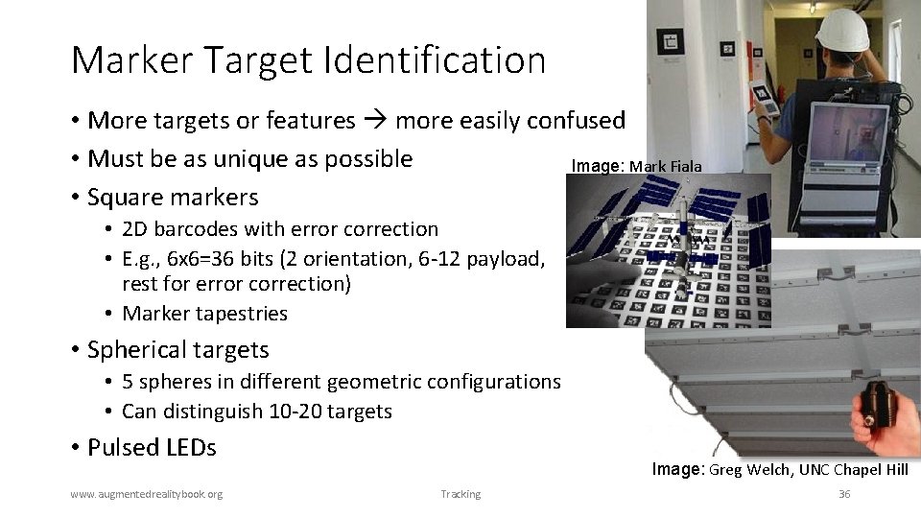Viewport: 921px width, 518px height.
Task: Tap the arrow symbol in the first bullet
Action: [x=375, y=121]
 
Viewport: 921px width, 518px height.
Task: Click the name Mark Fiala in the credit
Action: [x=665, y=167]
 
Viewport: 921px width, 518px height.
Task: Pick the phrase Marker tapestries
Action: [x=205, y=313]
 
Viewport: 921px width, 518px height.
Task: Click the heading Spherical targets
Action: [x=177, y=349]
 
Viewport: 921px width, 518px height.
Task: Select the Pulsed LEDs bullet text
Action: [x=152, y=447]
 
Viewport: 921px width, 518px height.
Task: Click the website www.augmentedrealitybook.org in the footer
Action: [x=147, y=494]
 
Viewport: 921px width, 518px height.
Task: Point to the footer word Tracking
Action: [x=460, y=494]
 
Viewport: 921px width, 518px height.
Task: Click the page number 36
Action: [x=844, y=494]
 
